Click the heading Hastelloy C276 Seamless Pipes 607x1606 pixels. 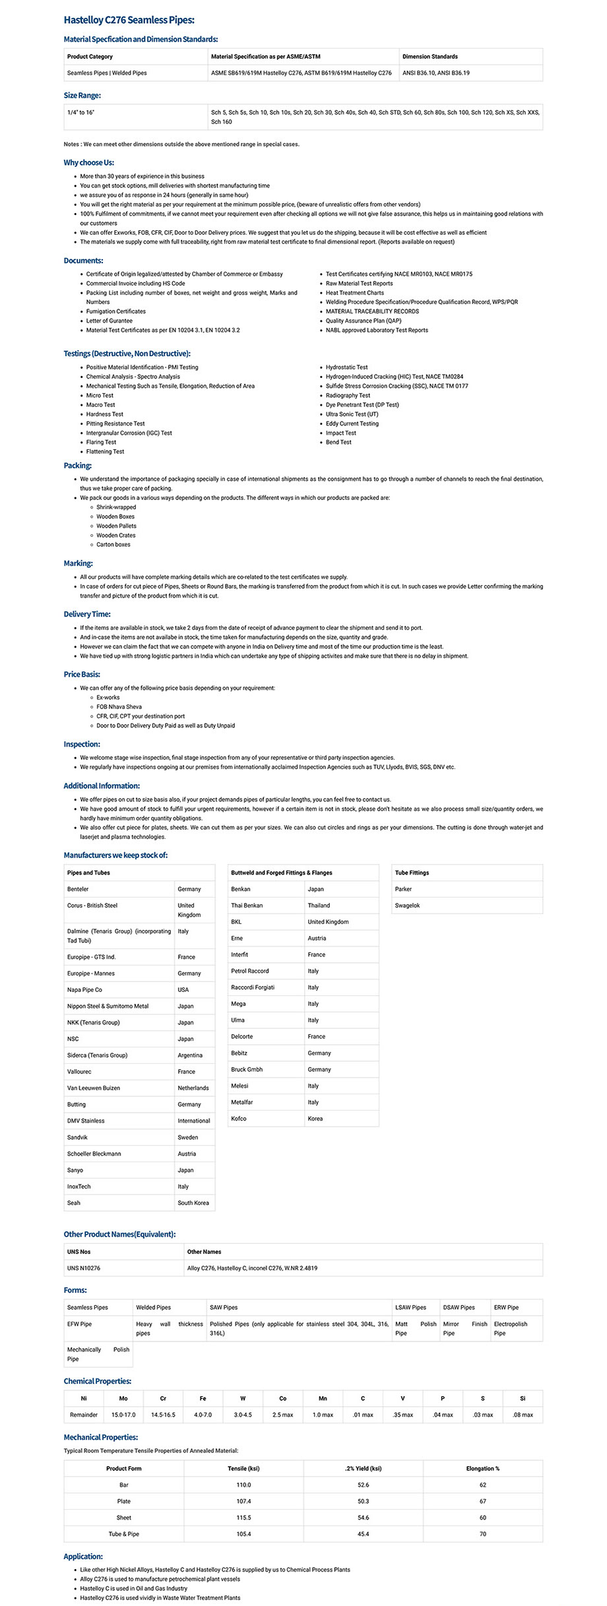click(x=129, y=20)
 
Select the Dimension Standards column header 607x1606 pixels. click(x=430, y=57)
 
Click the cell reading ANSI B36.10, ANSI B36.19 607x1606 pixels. click(x=435, y=73)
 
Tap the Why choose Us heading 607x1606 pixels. click(x=88, y=163)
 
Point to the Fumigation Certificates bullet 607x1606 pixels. click(x=116, y=311)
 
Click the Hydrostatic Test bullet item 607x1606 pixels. click(x=346, y=367)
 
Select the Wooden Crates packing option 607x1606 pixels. click(x=116, y=536)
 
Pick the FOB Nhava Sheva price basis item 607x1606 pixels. click(x=119, y=706)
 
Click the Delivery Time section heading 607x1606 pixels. click(x=87, y=614)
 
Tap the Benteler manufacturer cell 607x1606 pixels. click(x=78, y=889)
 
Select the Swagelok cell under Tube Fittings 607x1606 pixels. click(x=407, y=906)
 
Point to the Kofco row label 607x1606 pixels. click(x=239, y=1119)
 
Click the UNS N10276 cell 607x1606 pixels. click(x=84, y=1268)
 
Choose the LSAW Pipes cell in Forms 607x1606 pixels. click(x=410, y=1307)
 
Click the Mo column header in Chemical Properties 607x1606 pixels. click(x=123, y=1398)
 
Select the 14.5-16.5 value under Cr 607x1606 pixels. click(x=163, y=1415)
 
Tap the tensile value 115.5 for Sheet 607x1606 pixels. click(x=243, y=1518)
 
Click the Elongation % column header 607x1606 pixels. click(x=482, y=1468)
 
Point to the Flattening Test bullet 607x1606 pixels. click(x=105, y=452)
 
